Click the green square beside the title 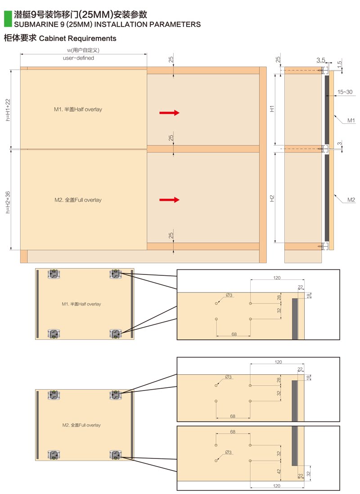click(x=8, y=19)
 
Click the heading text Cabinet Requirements click(x=77, y=38)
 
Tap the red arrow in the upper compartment click(x=169, y=113)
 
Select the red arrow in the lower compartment click(x=169, y=200)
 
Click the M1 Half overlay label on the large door click(x=78, y=109)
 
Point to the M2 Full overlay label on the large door click(x=78, y=200)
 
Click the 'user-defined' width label click(x=78, y=58)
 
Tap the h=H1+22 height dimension click(x=8, y=110)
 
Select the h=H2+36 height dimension click(x=8, y=202)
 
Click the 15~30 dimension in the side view click(x=345, y=92)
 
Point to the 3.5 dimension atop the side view click(x=320, y=60)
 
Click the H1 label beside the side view click(x=272, y=108)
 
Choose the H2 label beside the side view click(x=272, y=198)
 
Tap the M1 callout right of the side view click(x=351, y=120)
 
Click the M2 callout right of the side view click(x=351, y=200)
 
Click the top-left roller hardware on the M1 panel click(x=54, y=274)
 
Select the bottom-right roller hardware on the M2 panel click(x=116, y=454)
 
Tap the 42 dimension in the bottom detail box click(x=279, y=472)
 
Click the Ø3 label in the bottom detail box click(x=229, y=452)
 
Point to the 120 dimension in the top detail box click(x=277, y=278)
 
